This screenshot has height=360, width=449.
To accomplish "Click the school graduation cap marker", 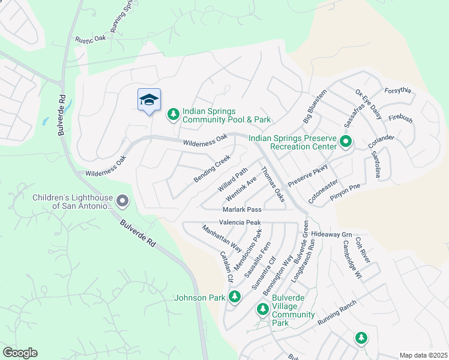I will coord(149,100).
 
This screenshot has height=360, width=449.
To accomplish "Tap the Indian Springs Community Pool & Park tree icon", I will coord(173,113).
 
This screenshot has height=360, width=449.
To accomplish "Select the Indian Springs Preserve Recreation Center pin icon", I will coord(346,142).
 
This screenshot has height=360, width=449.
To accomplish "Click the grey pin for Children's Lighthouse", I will coord(122,201).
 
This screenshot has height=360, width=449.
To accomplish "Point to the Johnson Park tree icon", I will coord(235,297).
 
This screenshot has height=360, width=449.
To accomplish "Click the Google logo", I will coord(20,353).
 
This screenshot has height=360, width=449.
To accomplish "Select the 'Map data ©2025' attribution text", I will coord(423,355).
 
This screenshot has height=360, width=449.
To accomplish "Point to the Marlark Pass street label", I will coord(242,209).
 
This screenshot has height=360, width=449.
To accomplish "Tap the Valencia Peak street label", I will coord(240,222).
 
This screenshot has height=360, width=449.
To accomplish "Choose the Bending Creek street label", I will coord(212,169).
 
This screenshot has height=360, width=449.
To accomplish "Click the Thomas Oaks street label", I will coord(273,188).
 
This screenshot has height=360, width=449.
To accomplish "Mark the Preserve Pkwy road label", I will coord(308,175).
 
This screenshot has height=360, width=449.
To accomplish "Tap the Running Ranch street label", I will coord(337,312).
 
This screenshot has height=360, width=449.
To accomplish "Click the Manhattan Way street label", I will coord(221,238).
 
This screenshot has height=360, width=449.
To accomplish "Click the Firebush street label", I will coord(400,119).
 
